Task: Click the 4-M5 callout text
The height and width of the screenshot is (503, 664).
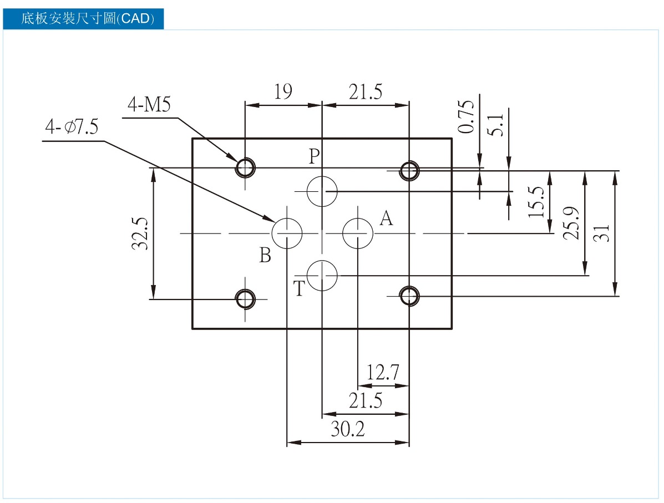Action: (149, 104)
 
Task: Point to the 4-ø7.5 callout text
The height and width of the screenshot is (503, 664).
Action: (72, 126)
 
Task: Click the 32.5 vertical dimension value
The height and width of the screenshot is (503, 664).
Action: (140, 233)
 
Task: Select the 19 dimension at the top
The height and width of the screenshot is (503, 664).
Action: (283, 92)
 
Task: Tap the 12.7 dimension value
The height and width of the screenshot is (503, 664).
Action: (383, 373)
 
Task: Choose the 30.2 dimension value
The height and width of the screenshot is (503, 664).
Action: (348, 429)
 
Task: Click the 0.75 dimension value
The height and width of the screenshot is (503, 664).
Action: (466, 117)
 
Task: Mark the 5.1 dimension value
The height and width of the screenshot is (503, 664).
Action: (496, 124)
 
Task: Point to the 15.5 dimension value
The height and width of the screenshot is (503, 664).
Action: (536, 202)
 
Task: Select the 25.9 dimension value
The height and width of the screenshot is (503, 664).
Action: (571, 223)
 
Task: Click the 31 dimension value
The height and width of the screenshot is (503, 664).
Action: (601, 233)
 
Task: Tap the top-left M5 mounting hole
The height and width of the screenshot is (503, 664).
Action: (245, 167)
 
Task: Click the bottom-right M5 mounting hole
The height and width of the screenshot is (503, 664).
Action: (409, 296)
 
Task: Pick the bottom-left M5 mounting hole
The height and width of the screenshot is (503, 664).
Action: (245, 299)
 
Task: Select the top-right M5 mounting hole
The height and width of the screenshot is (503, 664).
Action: (409, 171)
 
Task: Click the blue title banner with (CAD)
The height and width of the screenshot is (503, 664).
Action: (83, 19)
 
